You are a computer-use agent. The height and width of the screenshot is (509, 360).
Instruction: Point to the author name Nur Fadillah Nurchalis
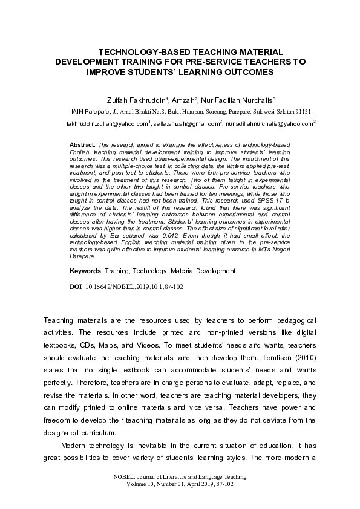241,99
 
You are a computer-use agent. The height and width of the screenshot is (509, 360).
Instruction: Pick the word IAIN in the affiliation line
79,112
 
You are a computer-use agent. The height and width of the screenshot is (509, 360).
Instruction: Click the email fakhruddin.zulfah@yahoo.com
107,123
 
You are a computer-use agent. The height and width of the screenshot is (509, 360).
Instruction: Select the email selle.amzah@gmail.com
186,123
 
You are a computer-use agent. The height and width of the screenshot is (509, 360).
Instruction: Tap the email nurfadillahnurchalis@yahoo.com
270,123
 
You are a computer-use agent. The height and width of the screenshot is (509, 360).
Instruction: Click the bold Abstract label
82,146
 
